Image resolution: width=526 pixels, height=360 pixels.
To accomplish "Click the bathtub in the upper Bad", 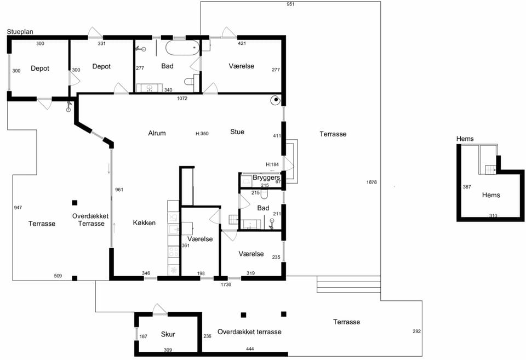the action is point(182,48).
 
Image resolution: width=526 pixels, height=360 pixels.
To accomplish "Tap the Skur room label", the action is point(168,334).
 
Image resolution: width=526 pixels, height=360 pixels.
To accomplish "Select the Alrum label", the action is point(157,133).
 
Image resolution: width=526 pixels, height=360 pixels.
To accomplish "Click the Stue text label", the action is point(237,132).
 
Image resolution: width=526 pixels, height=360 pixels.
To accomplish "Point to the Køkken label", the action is point(144,223).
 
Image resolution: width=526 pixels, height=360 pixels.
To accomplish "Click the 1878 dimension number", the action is point(371,182).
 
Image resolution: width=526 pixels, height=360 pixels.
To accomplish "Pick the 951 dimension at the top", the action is point(290,4).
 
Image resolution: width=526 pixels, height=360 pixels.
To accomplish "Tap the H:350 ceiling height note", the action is point(202,134).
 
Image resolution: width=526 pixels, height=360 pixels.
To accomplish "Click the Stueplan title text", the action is point(20,32).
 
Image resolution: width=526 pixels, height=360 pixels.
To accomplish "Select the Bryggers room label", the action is point(266,178).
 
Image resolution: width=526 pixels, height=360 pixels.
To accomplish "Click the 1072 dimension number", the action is point(182,98).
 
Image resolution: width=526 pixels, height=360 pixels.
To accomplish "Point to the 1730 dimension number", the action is point(226,284).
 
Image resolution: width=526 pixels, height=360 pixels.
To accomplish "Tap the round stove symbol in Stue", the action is point(276,100).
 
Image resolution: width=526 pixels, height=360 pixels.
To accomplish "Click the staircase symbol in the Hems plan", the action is point(491,170).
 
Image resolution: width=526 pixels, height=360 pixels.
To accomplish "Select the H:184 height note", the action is point(272,164).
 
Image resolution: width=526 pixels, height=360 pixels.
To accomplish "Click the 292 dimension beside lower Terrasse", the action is point(416,331).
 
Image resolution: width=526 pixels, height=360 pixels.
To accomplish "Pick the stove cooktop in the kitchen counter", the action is point(174,252).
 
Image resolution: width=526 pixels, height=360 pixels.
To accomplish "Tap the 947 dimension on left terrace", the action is point(18,208).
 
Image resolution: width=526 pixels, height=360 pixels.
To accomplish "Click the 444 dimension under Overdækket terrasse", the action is point(250,349).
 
